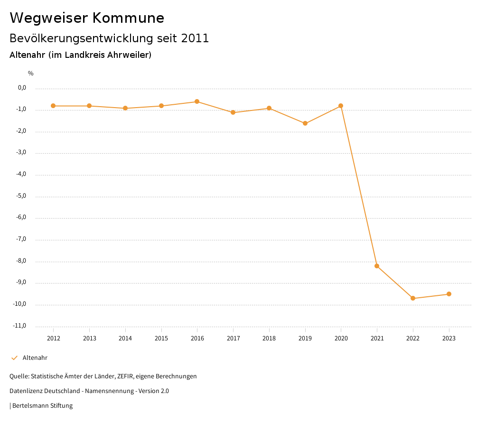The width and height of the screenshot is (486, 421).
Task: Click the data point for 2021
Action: coord(377,266)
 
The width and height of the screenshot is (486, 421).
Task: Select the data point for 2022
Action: coord(413,298)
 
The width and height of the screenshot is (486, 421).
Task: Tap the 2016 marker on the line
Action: coord(197,101)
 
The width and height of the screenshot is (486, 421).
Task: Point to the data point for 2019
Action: coord(305,123)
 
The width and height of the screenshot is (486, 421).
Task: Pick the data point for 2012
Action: coord(53,106)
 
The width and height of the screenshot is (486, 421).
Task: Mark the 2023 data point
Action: coord(449,294)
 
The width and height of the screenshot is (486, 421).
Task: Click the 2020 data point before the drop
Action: coord(341,106)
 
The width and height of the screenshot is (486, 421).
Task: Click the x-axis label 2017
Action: coord(233,338)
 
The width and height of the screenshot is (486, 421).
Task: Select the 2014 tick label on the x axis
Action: coord(125,338)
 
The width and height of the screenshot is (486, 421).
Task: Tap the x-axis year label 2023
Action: coord(449,338)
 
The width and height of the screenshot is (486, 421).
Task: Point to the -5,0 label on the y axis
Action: coord(22,196)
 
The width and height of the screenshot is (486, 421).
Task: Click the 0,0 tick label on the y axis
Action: coord(22,88)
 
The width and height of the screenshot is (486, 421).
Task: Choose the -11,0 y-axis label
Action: coord(20,326)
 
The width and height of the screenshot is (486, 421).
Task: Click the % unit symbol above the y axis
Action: coord(31,73)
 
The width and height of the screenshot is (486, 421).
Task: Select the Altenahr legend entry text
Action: coord(35,358)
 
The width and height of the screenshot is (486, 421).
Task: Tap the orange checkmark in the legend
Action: coord(14,358)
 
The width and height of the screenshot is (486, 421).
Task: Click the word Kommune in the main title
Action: coord(128,18)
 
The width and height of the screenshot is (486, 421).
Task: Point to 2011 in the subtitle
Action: coord(195,38)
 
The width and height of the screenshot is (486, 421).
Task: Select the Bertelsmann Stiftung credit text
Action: coord(42,406)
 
